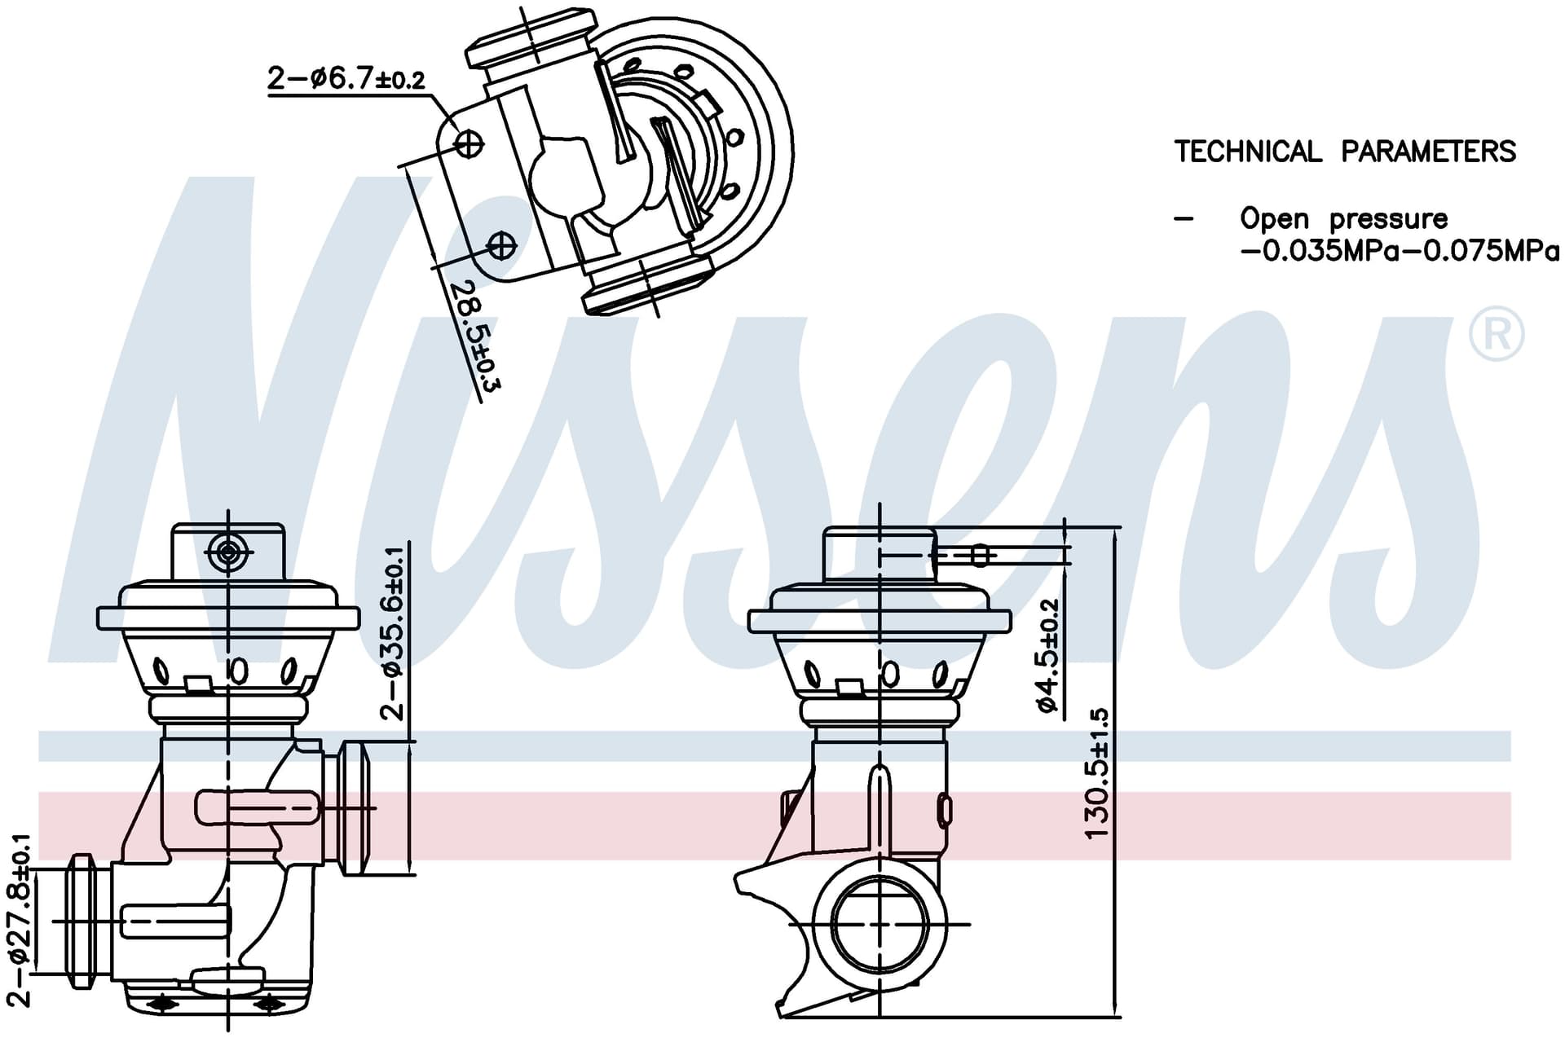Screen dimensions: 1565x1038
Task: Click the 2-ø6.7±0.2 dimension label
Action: pos(346,78)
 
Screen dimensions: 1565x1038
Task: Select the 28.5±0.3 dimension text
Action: pos(475,334)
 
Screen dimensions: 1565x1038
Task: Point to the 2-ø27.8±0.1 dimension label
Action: pos(20,920)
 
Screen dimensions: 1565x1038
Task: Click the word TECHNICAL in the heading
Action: pos(1248,152)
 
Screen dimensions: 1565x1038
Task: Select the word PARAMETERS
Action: pos(1429,152)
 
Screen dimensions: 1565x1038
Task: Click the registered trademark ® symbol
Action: pos(1496,334)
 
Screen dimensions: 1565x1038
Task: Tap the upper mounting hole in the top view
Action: pos(468,144)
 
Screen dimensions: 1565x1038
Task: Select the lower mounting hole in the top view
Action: pos(501,244)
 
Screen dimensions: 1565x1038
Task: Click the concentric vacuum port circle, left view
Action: pos(227,552)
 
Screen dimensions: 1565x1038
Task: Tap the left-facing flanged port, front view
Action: pos(82,921)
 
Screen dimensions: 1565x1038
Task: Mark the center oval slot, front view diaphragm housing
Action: pos(238,671)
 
